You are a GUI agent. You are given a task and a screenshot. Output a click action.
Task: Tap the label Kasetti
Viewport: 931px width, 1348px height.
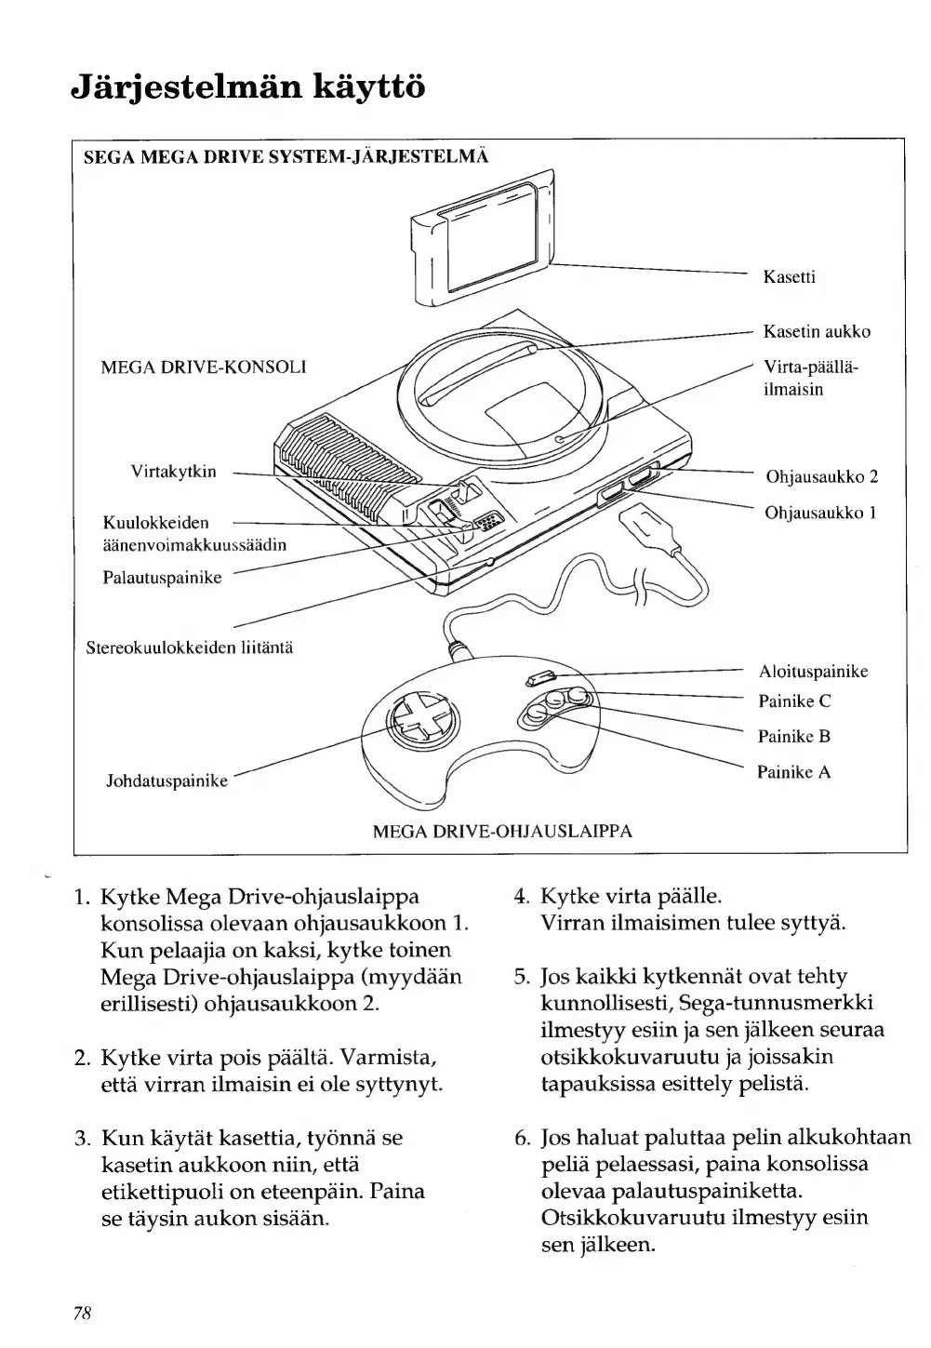click(x=790, y=277)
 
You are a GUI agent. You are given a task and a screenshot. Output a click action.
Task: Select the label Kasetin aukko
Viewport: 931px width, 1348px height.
click(x=817, y=331)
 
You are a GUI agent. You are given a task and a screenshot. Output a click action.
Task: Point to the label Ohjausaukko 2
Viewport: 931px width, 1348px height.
click(x=821, y=477)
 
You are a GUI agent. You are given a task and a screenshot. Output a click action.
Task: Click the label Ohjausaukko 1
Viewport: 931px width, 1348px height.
click(x=821, y=513)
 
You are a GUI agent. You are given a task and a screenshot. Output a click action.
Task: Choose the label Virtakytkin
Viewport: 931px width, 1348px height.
click(x=173, y=472)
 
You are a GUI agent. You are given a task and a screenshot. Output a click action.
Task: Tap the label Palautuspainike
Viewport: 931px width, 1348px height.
click(x=162, y=578)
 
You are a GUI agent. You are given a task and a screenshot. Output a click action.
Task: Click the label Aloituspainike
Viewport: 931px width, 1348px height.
click(x=813, y=671)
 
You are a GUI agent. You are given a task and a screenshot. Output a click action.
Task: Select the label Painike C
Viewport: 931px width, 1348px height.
click(x=794, y=701)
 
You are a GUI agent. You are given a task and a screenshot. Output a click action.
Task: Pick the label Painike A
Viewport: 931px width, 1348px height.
click(x=793, y=772)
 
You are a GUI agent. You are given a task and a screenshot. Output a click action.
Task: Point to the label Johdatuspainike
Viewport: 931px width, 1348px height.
click(x=167, y=781)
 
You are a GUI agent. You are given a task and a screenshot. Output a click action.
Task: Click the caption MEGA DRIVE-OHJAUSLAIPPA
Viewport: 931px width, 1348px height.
click(x=502, y=831)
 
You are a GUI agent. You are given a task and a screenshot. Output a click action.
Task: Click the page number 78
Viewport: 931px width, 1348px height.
click(x=81, y=1313)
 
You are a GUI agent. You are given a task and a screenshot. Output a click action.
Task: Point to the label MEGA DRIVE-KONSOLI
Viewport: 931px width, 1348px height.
click(x=204, y=367)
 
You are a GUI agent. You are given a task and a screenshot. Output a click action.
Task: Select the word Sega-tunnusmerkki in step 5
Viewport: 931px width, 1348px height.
click(x=780, y=1004)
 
